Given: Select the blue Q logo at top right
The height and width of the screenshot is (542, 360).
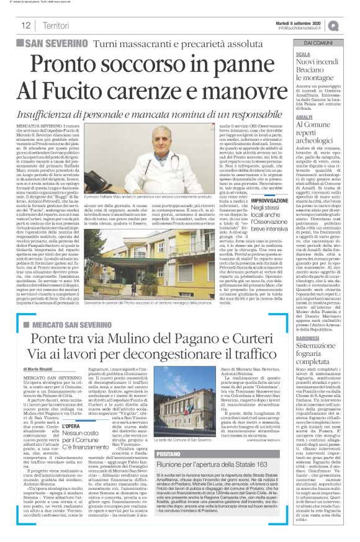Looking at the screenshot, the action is click(351, 25).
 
